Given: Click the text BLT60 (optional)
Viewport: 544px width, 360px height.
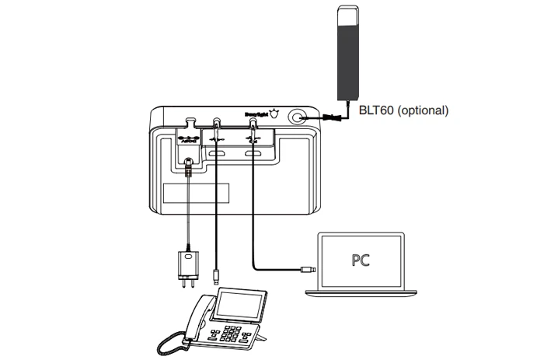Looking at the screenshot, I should point(403,110).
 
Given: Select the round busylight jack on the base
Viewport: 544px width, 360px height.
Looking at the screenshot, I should point(298,118).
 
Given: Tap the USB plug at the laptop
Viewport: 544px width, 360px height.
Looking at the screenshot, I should point(306,271).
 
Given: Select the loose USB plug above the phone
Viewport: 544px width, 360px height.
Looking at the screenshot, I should point(216,275).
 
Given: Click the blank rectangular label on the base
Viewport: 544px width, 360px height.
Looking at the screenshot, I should point(197,192).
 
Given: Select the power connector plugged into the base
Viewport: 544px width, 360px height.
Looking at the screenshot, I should point(189,164).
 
